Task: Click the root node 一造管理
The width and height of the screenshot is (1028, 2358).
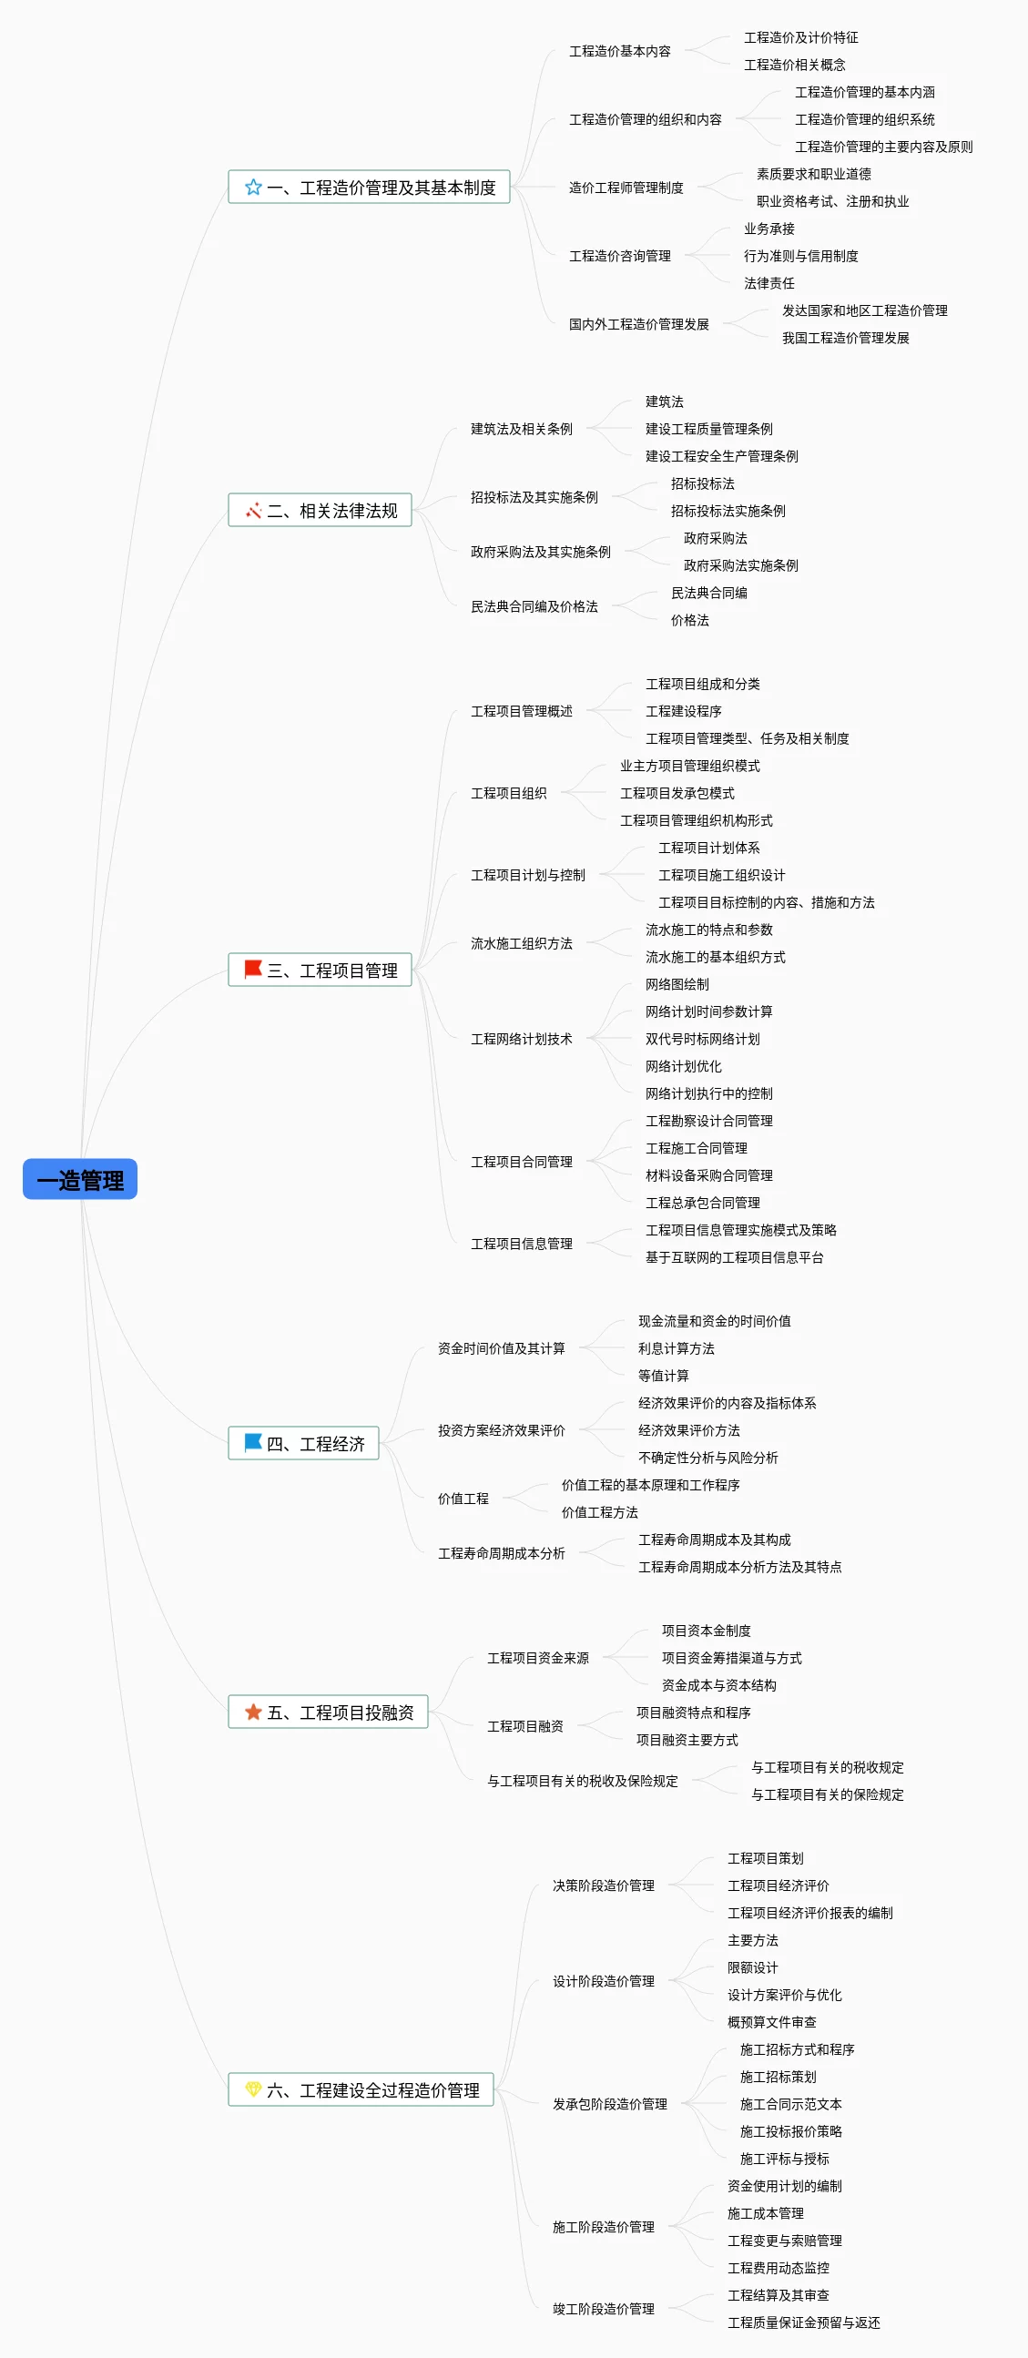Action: [79, 1179]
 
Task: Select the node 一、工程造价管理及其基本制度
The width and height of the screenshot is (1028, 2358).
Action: [369, 188]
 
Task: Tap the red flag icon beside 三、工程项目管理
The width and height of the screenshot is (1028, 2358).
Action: [253, 969]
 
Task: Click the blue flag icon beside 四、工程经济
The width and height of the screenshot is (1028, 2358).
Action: [252, 1443]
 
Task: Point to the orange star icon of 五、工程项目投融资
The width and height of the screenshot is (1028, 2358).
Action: [253, 1712]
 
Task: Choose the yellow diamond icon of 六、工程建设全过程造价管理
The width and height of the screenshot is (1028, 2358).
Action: [253, 2089]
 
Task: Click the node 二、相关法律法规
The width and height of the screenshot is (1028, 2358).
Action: [320, 511]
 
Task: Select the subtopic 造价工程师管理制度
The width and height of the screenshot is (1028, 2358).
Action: [626, 188]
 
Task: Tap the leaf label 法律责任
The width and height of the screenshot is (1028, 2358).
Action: [768, 284]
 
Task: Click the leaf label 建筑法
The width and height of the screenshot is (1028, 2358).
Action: [665, 401]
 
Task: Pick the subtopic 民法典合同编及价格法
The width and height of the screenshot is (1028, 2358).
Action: [534, 607]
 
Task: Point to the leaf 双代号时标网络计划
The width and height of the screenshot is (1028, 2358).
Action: [702, 1039]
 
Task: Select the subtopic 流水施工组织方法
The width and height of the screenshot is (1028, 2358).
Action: [521, 944]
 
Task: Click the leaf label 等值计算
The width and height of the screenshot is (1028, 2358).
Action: [664, 1376]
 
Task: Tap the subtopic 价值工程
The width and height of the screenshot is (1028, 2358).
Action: [463, 1499]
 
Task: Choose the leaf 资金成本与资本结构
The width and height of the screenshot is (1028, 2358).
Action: [718, 1685]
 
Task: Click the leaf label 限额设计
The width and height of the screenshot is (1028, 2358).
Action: [752, 1968]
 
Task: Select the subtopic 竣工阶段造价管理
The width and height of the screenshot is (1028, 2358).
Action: [604, 2309]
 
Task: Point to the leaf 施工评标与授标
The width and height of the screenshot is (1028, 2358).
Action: [785, 2159]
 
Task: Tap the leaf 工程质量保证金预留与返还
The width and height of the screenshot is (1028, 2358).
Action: [804, 2322]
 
